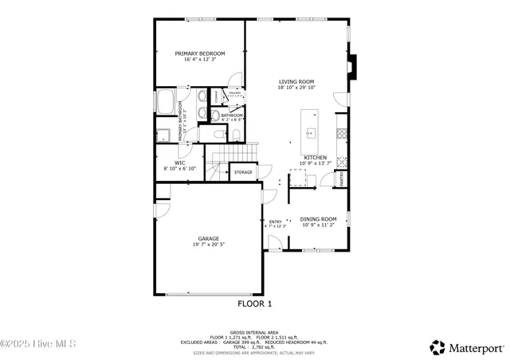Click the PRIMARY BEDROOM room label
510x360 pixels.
click(200, 53)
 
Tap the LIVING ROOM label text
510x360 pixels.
click(296, 81)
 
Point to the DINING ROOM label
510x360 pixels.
click(319, 219)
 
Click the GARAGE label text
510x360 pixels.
click(209, 239)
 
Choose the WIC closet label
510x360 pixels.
click(179, 162)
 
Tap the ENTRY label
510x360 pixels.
click(276, 222)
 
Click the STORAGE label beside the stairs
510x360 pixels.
click(243, 172)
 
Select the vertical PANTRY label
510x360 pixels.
click(343, 178)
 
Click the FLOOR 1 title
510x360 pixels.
click(255, 303)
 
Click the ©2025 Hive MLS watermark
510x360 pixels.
click(38, 344)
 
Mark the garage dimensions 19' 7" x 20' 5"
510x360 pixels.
click(209, 245)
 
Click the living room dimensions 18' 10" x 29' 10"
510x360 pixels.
click(296, 88)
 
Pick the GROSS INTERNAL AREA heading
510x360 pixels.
click(254, 332)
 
